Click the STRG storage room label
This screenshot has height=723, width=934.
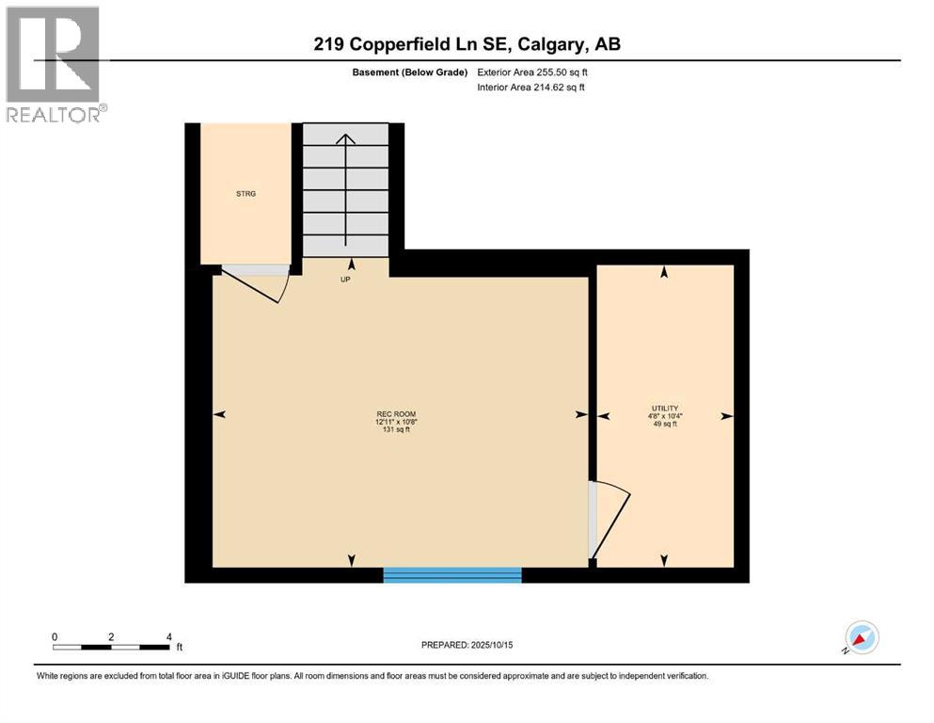coord(245,194)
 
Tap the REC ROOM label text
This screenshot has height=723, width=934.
coord(396,414)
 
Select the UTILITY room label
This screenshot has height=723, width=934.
coord(663,408)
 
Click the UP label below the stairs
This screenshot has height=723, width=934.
coord(345,280)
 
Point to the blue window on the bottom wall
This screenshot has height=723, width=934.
coord(452,574)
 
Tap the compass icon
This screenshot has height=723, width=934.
coord(861,637)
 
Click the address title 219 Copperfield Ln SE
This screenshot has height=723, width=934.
coord(467,44)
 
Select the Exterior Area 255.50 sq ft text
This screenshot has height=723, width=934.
coord(533,72)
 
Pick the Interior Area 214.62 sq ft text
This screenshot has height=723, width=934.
coord(532,88)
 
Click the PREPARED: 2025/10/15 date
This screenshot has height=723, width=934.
coord(467,645)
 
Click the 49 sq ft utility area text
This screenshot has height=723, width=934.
coord(663,425)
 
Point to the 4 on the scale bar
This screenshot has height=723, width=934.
coord(168,636)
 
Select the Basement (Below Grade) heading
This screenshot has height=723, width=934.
coord(413,72)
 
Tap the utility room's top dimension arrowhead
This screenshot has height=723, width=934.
coord(664,272)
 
